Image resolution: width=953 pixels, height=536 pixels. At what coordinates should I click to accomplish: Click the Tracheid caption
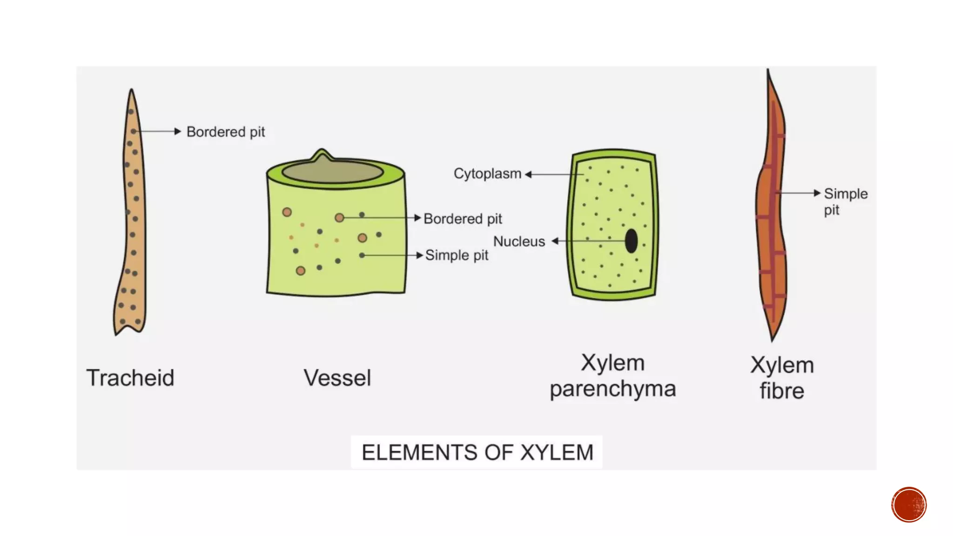click(x=130, y=377)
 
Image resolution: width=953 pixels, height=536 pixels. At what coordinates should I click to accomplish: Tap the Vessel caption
click(x=337, y=377)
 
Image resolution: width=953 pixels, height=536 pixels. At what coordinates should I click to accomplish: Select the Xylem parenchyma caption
click(x=612, y=375)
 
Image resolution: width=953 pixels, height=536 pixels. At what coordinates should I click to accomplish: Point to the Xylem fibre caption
click(x=782, y=378)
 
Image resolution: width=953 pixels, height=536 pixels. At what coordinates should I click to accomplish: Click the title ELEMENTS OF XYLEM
click(x=477, y=452)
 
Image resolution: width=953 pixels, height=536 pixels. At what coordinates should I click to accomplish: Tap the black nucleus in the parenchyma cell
click(x=631, y=241)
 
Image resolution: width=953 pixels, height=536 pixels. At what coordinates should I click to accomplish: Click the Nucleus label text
click(x=519, y=241)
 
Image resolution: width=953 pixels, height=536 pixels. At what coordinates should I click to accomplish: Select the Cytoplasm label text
click(x=487, y=174)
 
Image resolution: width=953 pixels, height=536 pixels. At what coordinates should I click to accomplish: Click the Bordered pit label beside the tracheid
click(x=226, y=132)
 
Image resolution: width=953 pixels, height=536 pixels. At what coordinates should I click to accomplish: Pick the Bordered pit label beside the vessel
click(x=463, y=219)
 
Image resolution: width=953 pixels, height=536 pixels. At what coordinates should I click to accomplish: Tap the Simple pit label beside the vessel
click(x=456, y=255)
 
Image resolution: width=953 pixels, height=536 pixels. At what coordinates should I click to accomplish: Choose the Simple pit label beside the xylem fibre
click(x=845, y=201)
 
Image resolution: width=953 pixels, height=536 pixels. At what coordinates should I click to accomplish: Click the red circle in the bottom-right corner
click(x=909, y=505)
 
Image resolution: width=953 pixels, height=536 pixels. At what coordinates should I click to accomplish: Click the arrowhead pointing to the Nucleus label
click(x=555, y=241)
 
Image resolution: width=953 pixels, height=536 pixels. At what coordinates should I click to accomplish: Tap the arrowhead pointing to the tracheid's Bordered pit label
click(x=177, y=131)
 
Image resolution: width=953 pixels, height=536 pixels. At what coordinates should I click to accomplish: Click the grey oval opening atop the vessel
click(x=332, y=171)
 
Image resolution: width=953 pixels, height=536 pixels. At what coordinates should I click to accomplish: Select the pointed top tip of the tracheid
click(x=132, y=91)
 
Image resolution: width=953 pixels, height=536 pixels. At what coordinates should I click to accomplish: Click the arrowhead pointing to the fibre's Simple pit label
click(x=817, y=193)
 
